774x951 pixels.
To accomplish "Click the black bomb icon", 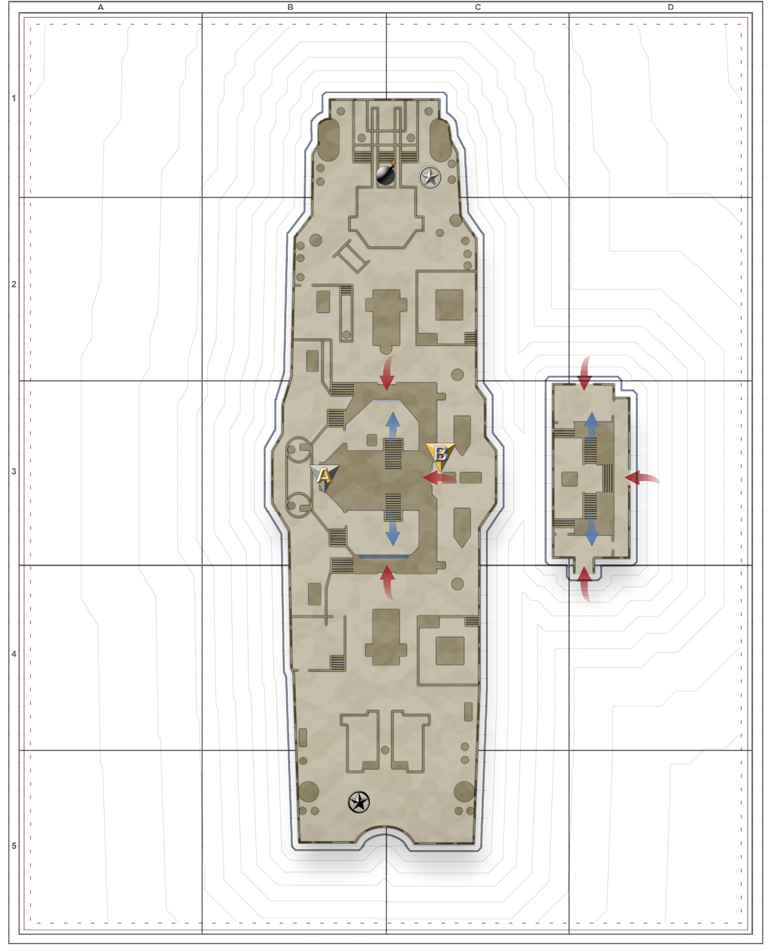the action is (386, 174).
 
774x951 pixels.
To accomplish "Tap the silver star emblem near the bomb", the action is (430, 177).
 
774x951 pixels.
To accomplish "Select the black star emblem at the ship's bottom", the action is (359, 802).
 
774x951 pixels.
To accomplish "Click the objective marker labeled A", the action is (324, 476).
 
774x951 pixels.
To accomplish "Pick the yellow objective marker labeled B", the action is (440, 455).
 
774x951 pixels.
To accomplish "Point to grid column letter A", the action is (101, 7).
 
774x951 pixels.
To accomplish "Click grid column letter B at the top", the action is (291, 7).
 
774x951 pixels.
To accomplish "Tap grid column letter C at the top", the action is (478, 7).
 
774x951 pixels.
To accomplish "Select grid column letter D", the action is (671, 7).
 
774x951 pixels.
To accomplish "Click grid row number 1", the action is (14, 98).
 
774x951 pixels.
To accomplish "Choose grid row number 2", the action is (14, 285).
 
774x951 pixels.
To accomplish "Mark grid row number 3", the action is (14, 471).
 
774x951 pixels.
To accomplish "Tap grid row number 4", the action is (14, 654).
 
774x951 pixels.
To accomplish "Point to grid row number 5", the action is (14, 846).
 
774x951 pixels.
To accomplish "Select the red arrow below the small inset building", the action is (585, 584).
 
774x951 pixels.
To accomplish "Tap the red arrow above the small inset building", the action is (585, 373).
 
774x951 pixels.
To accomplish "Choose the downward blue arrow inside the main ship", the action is (392, 530).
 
